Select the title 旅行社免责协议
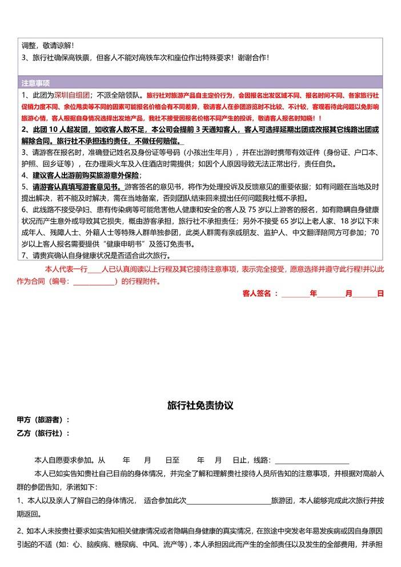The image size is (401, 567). click(201, 405)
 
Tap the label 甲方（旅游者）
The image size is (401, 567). click(43, 420)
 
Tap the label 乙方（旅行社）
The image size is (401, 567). click(43, 433)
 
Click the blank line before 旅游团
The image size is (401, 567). click(229, 501)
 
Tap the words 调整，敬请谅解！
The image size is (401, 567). click(48, 45)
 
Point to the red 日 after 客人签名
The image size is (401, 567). click(380, 293)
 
